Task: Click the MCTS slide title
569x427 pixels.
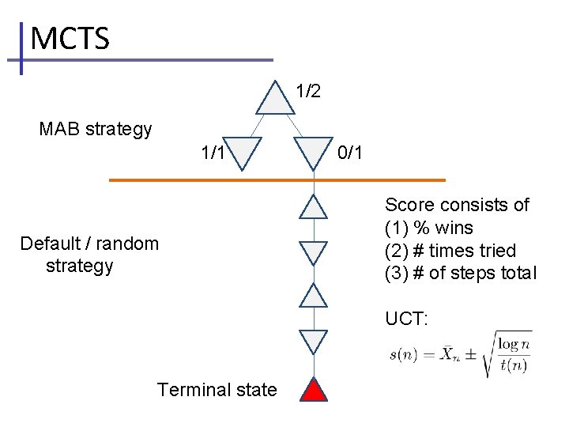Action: (70, 38)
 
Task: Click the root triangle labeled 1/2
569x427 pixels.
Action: (273, 99)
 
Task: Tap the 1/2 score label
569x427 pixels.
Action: (308, 91)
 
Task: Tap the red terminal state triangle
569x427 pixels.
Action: (315, 391)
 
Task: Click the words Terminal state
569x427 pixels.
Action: (217, 390)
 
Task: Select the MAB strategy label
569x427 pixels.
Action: (96, 129)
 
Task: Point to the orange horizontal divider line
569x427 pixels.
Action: (277, 180)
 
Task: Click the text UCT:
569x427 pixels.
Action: (406, 319)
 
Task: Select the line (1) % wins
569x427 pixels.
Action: (429, 229)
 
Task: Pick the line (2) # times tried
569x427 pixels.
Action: (450, 251)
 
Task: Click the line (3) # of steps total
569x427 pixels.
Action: (460, 274)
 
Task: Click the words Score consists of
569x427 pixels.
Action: (457, 206)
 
